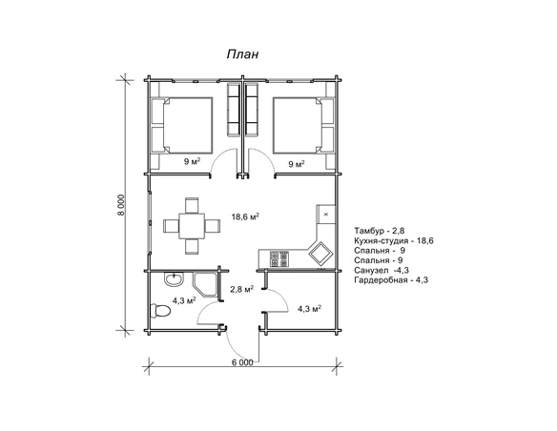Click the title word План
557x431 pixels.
[242, 54]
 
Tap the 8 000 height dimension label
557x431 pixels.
[121, 205]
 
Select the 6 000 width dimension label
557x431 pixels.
[242, 362]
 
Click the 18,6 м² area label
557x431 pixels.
[245, 216]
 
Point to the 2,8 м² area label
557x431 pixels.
[241, 289]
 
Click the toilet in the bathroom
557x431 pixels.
[160, 311]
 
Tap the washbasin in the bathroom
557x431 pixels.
[174, 279]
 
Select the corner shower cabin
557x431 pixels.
[205, 284]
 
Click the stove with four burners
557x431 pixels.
[279, 258]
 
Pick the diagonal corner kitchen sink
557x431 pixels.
[321, 253]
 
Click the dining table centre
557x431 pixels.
[192, 226]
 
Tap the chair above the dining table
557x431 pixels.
[192, 205]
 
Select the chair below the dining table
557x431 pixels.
[192, 246]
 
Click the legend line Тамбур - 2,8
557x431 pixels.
[379, 231]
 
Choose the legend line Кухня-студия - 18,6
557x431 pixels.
[394, 240]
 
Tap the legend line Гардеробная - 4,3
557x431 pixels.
[391, 279]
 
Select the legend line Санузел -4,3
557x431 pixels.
[382, 270]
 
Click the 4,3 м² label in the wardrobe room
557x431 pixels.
[309, 309]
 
